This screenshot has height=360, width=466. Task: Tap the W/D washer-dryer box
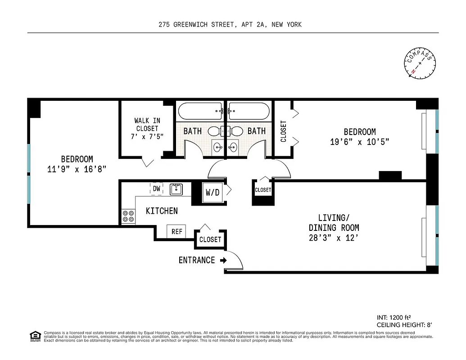point(213,193)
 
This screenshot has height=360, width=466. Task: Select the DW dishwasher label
point(156,189)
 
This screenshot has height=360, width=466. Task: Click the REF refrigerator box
point(177,231)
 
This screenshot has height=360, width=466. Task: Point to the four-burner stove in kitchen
point(128,217)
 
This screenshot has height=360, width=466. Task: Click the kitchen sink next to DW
point(176,189)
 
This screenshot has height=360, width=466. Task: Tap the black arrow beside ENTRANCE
point(223,260)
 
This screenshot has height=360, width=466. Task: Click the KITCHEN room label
point(162,211)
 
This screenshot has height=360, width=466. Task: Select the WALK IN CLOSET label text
point(147,128)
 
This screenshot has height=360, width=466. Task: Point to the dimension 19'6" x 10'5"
point(359,142)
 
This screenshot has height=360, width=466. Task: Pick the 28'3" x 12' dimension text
point(334,238)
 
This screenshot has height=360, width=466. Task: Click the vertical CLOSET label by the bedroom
point(284,131)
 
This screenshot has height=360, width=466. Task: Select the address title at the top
point(230,25)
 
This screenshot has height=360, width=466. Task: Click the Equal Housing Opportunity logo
point(34,336)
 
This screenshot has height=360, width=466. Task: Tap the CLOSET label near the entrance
point(210,239)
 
